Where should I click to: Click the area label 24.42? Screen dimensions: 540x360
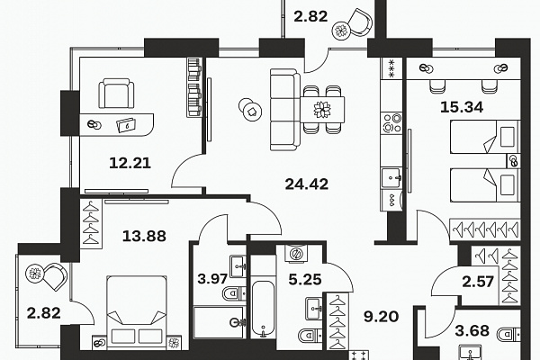tap(307, 184)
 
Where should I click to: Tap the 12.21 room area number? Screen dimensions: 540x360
tap(130, 163)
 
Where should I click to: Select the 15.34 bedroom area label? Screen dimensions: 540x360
tap(462, 107)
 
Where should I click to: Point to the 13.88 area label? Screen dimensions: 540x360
tap(144, 237)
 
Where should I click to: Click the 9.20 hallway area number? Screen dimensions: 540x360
tap(382, 316)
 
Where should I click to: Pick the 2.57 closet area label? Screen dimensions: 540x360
tap(478, 282)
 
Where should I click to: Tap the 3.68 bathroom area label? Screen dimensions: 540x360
tap(472, 330)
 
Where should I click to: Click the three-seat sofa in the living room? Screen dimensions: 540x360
tap(285, 110)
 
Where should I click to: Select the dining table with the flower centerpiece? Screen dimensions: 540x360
tap(322, 110)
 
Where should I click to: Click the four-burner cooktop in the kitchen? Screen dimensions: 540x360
tap(391, 122)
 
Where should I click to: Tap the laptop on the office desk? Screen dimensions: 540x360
tap(126, 125)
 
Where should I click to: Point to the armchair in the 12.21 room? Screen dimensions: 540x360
tap(116, 93)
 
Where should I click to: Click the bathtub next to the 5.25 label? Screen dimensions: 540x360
tap(263, 309)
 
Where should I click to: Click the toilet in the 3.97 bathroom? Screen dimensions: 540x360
tap(234, 293)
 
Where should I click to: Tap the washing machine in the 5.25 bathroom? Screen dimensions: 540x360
tap(296, 254)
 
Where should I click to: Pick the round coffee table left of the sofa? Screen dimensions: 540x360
tap(251, 110)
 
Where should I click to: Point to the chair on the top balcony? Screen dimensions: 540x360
tap(359, 22)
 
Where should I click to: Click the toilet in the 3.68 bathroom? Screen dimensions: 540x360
tap(508, 334)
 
